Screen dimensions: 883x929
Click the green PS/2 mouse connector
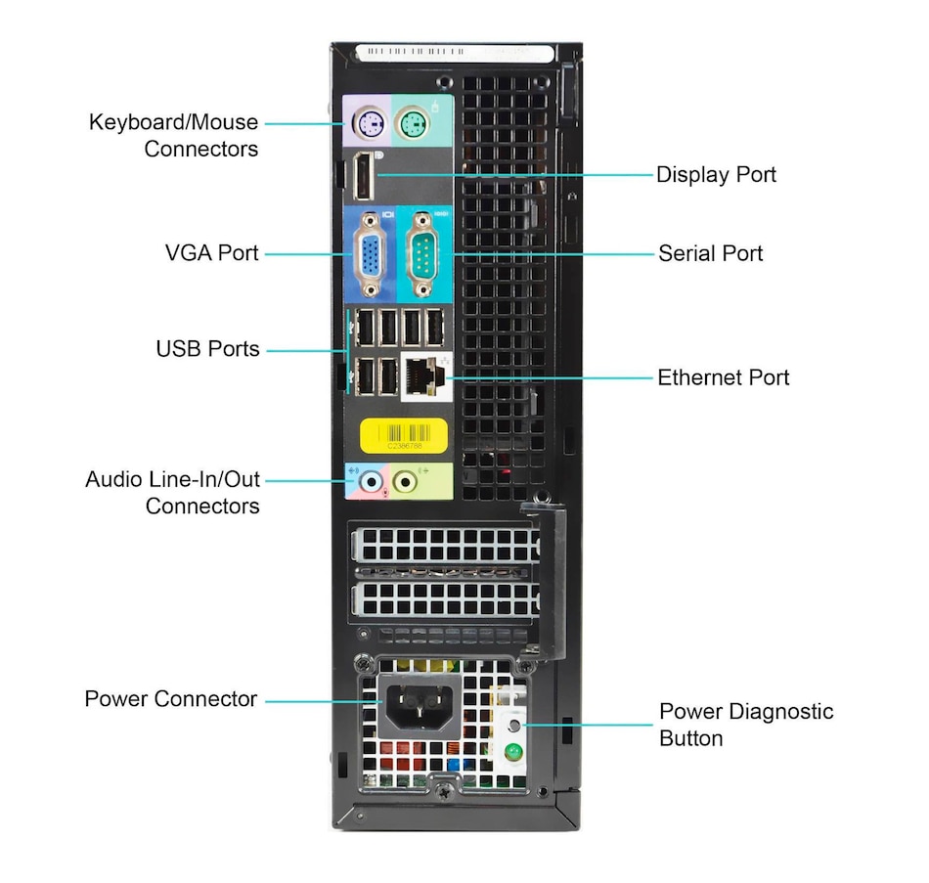pos(413,123)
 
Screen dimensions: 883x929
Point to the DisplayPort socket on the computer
pos(364,177)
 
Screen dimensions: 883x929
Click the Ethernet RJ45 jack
pos(423,377)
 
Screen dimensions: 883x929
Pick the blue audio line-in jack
pos(370,481)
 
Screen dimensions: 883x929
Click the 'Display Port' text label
pos(716,175)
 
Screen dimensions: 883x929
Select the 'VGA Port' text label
pos(212,253)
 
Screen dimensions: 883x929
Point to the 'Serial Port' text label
pos(711,253)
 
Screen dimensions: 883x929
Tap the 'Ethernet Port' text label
pos(723,377)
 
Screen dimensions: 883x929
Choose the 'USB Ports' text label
pos(208,349)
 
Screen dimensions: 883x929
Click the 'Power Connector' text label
pos(171,699)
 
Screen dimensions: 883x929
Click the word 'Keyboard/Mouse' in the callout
pos(174,122)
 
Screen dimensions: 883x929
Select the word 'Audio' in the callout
pos(113,480)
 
